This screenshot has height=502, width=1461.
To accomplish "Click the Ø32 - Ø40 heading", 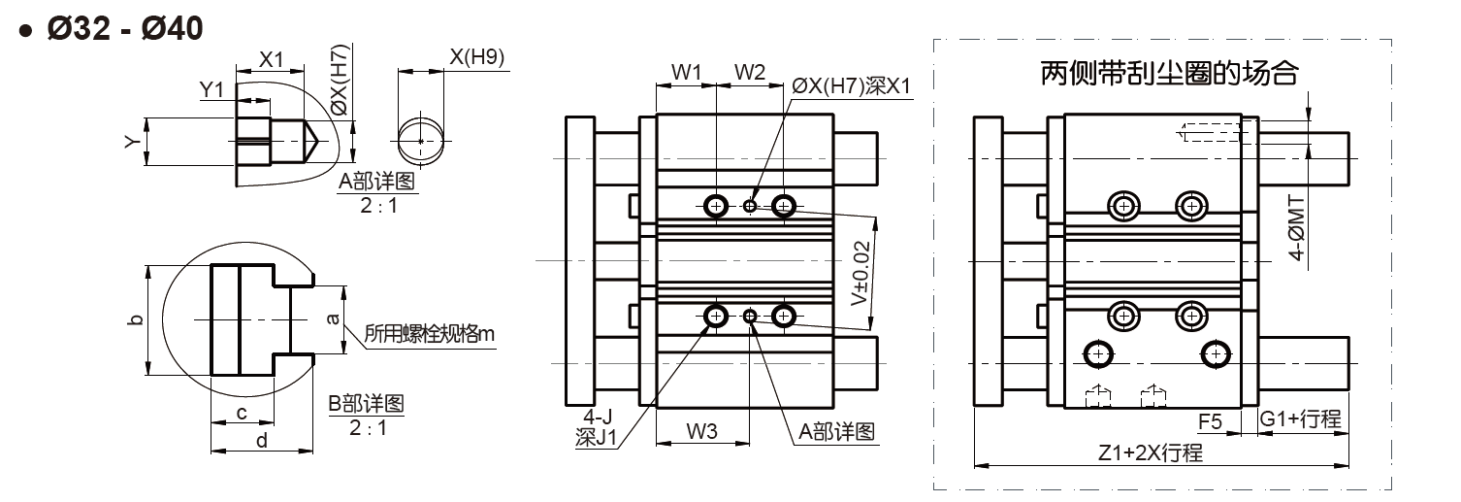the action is [x=125, y=28].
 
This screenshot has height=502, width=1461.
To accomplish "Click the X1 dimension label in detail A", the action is [x=272, y=59].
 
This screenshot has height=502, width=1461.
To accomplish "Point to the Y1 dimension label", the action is [x=211, y=89].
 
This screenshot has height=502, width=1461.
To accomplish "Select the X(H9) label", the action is [x=476, y=56].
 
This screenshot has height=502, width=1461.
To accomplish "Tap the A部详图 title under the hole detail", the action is [x=376, y=181].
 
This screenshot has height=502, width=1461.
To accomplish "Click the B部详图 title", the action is [x=366, y=403].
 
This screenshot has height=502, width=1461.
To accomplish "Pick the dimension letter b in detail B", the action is [x=136, y=319].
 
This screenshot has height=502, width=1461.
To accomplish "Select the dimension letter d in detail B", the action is [x=262, y=441].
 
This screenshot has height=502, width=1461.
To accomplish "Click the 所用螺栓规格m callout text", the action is [x=429, y=334].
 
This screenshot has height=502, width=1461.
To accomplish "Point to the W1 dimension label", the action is [x=686, y=72].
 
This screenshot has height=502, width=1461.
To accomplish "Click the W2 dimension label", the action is [x=749, y=72].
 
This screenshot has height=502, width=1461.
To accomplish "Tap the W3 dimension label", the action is [x=701, y=431].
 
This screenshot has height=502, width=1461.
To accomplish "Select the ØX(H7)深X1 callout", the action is [x=851, y=85].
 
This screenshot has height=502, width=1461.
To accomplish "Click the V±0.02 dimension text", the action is [x=860, y=273].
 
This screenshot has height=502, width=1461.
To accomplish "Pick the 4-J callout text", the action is [x=598, y=416].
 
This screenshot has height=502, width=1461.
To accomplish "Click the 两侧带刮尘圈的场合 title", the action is [x=1169, y=73].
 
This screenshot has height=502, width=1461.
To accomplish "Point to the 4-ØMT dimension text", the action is [x=1297, y=227].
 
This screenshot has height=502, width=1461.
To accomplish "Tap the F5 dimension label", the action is [x=1210, y=421].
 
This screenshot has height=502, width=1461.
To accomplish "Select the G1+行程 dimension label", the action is [x=1300, y=418].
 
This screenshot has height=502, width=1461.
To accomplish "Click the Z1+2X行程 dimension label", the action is [x=1151, y=452].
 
